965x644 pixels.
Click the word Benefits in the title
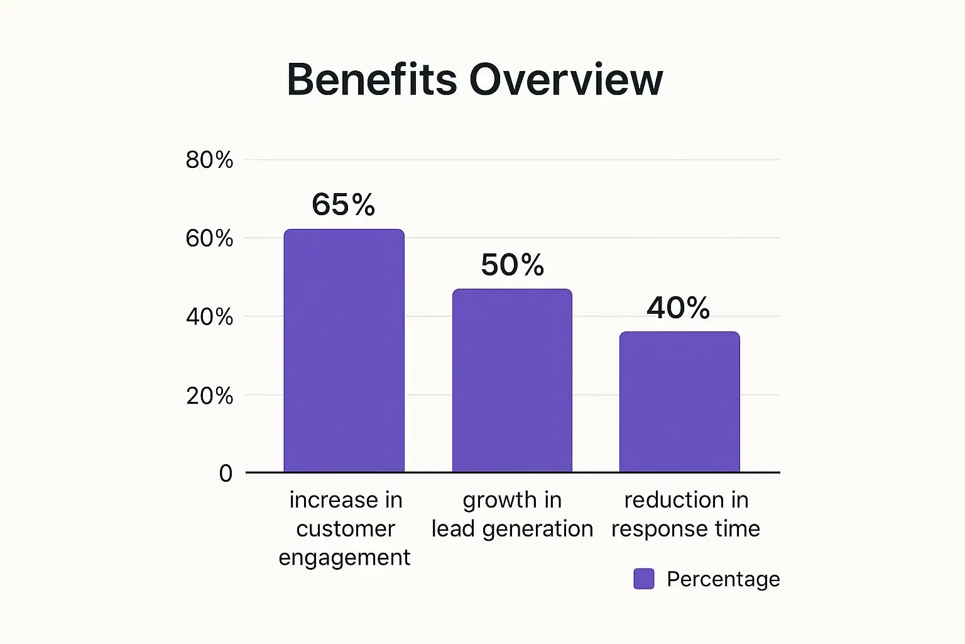(371, 80)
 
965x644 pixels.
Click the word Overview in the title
(565, 80)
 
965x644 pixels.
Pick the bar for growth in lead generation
(512, 380)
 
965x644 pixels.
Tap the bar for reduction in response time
(679, 402)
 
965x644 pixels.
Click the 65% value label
(343, 205)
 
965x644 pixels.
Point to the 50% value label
(512, 265)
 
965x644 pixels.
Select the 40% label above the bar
(678, 308)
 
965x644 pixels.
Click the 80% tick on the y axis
(209, 160)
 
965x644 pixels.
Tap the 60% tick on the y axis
(209, 239)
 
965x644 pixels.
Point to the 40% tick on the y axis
(209, 317)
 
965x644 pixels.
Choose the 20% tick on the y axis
(209, 396)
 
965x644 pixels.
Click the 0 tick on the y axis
(226, 473)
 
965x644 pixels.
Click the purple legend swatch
(643, 579)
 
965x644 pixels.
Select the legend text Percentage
(723, 579)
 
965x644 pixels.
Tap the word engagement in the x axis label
(344, 557)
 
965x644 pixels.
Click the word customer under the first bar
(345, 528)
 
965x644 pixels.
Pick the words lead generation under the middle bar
(512, 528)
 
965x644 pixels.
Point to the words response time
(685, 528)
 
